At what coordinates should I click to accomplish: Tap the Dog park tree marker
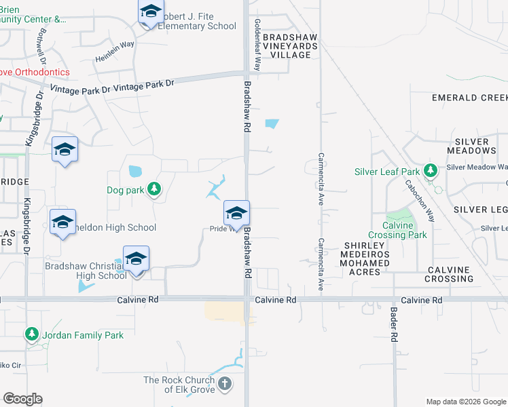point(155,189)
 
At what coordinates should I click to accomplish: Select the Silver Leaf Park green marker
point(429,171)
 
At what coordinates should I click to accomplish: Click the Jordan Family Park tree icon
point(31,334)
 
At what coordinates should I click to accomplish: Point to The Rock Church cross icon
point(225,384)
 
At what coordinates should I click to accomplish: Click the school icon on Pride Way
point(236,214)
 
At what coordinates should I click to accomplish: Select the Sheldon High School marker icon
point(63,222)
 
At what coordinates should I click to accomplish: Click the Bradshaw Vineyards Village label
point(290,45)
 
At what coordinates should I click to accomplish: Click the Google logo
point(22,399)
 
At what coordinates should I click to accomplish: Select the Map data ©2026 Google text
point(466,402)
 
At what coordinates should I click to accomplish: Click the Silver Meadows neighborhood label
point(472,146)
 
